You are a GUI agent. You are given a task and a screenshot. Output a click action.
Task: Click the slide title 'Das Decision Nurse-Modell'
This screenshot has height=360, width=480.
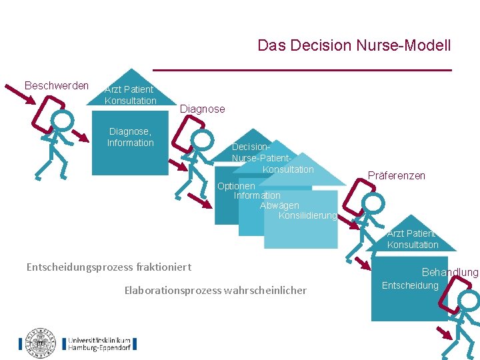(354, 46)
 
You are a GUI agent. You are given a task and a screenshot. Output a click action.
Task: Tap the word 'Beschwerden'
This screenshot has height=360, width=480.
(56, 86)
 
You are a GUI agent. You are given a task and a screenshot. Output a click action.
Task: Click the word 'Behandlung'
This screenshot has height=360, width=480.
(450, 272)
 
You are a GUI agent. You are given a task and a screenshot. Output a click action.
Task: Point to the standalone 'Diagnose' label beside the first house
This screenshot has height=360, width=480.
(203, 109)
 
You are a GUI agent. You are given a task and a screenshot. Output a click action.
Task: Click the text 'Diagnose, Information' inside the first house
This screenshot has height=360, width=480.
(130, 137)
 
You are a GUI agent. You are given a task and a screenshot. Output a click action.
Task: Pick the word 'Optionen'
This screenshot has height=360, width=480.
(236, 186)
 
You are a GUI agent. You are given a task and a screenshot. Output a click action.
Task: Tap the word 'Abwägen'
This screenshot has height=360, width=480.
(279, 205)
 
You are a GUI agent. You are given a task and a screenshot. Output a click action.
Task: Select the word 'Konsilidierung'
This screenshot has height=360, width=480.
(307, 215)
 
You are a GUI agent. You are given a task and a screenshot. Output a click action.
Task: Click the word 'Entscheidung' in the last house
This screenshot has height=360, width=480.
(410, 285)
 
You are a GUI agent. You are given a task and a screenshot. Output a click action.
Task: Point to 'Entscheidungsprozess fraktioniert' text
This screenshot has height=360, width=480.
(109, 267)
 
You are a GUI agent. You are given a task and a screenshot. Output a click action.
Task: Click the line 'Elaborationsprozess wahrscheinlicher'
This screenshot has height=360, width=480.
(215, 290)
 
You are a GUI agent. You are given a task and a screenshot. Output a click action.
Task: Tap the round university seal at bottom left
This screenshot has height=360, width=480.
(41, 342)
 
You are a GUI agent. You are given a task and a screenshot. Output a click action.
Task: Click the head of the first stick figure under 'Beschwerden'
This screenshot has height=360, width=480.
(62, 120)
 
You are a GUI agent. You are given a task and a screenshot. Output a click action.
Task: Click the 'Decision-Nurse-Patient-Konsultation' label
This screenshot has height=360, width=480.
(271, 158)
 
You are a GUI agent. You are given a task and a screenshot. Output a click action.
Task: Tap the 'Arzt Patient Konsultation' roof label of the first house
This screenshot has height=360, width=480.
(130, 95)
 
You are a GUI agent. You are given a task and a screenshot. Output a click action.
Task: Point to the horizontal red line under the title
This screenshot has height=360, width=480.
(302, 70)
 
